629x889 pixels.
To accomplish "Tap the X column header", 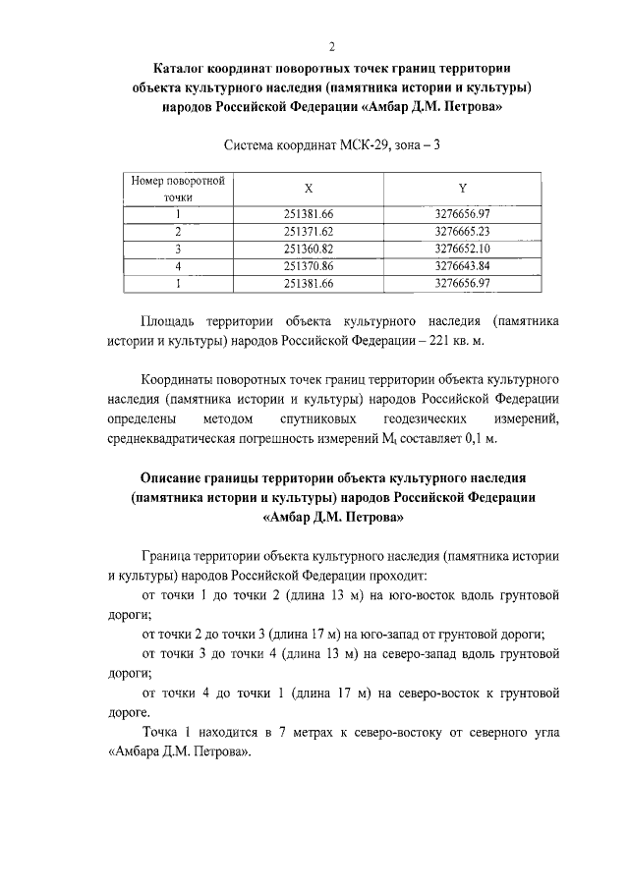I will tap(309, 189).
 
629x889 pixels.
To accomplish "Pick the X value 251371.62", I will tap(309, 231).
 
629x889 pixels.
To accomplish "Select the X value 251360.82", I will tap(309, 249).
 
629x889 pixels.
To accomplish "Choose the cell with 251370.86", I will tap(309, 266).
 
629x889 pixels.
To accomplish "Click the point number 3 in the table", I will tap(178, 249).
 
